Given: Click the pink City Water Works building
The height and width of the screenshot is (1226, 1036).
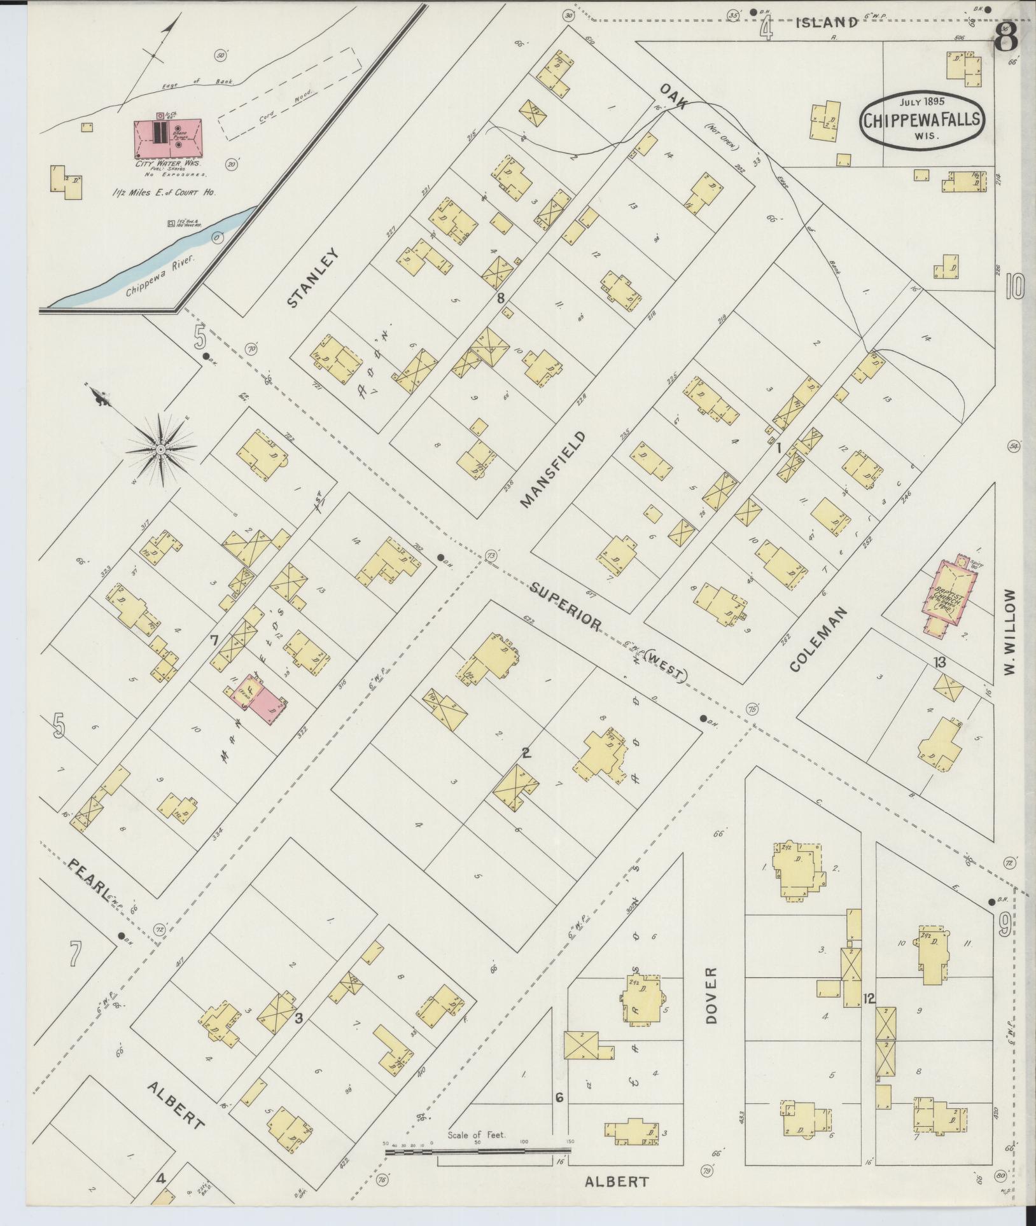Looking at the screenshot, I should click(x=168, y=139).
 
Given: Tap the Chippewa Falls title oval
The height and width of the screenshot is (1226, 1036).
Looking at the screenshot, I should click(x=921, y=122).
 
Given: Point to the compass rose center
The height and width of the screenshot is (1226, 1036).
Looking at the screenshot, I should click(x=162, y=450).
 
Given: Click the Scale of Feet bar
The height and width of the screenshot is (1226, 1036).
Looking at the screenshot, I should click(x=477, y=1150).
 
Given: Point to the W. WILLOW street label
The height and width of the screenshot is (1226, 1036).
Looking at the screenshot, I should click(x=1011, y=632).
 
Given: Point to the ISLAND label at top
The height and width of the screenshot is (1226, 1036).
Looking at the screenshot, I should click(x=827, y=22).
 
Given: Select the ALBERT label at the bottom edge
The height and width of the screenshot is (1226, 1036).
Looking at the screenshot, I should click(x=617, y=1181).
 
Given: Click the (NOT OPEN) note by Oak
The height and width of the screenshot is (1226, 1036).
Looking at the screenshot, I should click(x=720, y=136).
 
